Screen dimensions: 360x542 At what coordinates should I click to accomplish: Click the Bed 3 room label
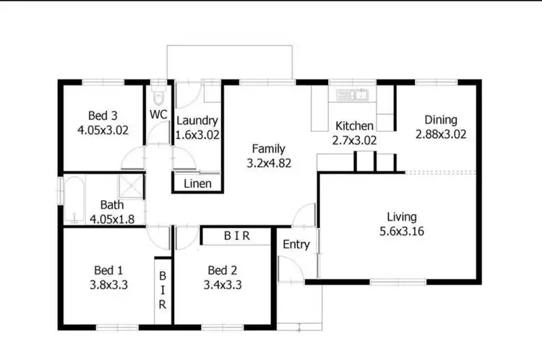click(x=102, y=116)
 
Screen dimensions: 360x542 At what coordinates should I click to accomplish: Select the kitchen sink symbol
click(x=352, y=94)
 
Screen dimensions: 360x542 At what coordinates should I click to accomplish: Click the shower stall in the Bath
click(x=132, y=186)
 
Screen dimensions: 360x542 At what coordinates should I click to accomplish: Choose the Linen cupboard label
click(x=197, y=184)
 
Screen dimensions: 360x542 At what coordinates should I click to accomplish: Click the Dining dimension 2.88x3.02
click(x=441, y=134)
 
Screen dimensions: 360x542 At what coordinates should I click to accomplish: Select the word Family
click(x=268, y=149)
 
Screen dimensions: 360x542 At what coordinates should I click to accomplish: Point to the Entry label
click(x=296, y=244)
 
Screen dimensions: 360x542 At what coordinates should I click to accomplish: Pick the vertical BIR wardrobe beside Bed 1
click(x=163, y=290)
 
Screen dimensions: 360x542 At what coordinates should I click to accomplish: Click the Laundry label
click(x=197, y=121)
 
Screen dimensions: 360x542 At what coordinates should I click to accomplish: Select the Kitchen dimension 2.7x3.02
click(x=354, y=140)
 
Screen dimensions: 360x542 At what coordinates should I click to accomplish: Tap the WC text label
click(x=159, y=114)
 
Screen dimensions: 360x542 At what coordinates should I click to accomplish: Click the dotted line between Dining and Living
click(x=441, y=173)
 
